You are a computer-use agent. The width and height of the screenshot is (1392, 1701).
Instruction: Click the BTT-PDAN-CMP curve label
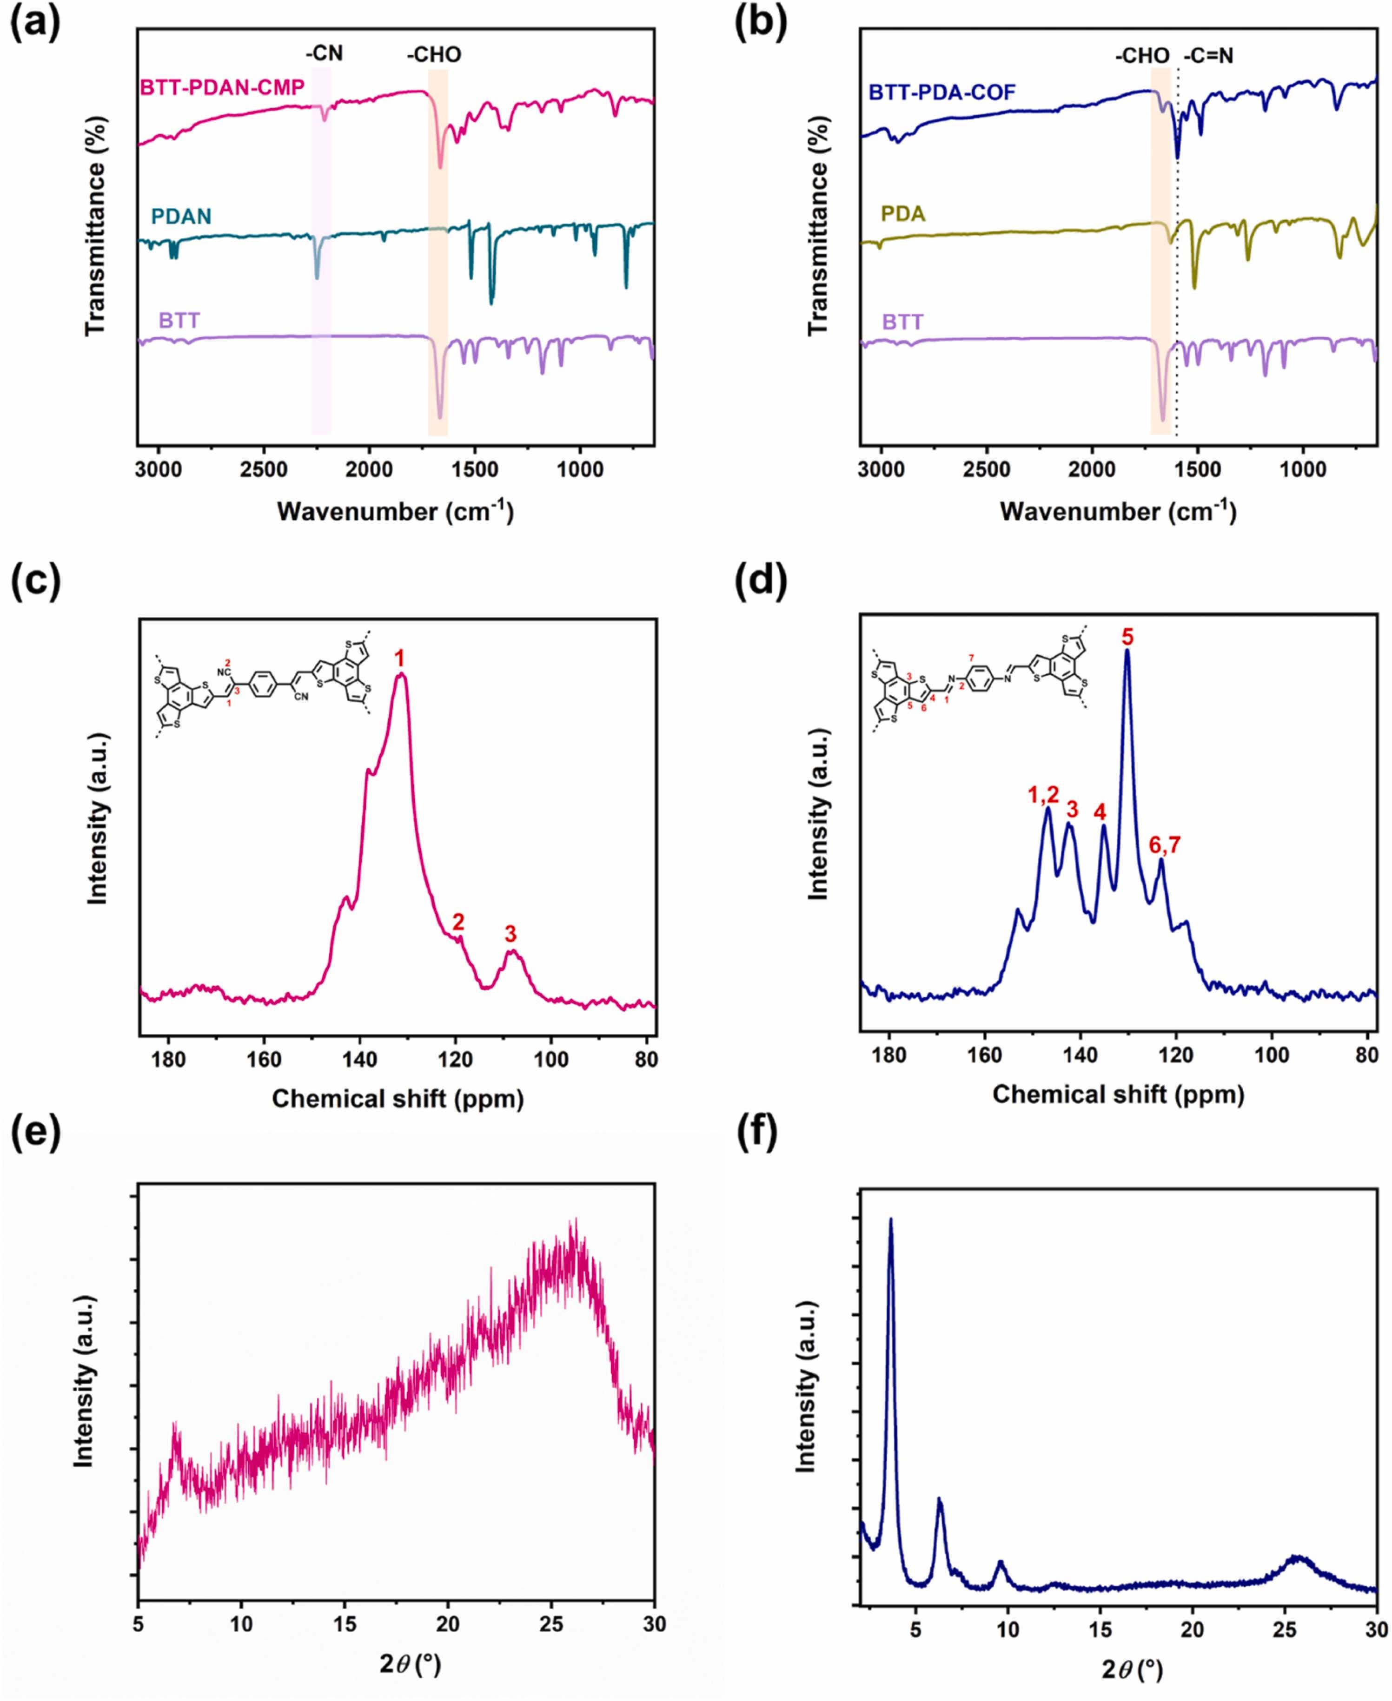click(222, 87)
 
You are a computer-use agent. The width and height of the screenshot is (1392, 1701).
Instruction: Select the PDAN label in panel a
click(181, 217)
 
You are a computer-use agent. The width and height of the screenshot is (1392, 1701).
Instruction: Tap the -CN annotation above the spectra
click(324, 54)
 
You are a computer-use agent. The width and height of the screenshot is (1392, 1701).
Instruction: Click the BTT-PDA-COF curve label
click(942, 92)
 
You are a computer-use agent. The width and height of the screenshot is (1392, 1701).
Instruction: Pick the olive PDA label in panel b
click(903, 214)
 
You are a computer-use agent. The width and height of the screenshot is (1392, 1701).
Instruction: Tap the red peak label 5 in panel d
click(1127, 638)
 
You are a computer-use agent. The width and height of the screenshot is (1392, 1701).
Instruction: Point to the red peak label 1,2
click(1043, 794)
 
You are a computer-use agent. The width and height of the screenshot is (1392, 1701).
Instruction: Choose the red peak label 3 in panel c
click(511, 933)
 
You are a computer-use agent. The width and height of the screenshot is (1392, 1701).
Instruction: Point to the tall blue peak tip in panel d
click(1127, 652)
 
